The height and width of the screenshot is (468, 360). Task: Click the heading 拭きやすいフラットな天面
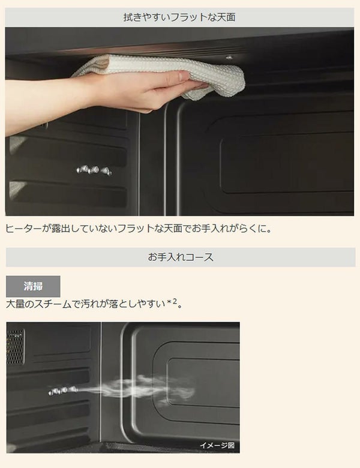click(179, 17)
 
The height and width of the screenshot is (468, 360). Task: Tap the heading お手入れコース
click(181, 257)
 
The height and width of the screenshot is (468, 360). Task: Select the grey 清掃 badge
click(33, 286)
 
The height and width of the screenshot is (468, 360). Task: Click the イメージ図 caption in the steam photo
click(217, 445)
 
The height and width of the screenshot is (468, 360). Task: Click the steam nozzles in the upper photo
click(94, 170)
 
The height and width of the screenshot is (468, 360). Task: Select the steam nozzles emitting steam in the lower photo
click(63, 391)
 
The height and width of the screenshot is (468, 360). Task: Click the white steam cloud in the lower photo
click(140, 389)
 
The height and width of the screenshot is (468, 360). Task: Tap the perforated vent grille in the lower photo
click(15, 347)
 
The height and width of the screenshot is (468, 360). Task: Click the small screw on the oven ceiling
click(229, 57)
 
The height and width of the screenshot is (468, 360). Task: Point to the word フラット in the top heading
click(188, 17)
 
